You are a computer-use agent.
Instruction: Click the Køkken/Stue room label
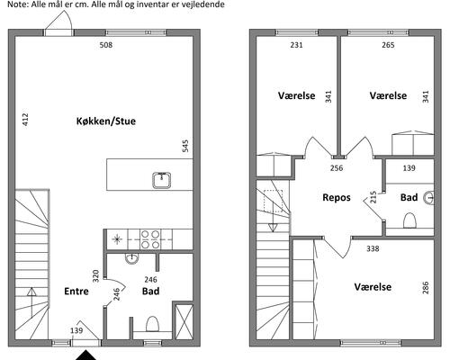[106, 121]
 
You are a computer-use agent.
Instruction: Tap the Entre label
[76, 291]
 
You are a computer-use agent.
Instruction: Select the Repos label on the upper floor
[337, 197]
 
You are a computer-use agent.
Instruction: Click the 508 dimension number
[106, 45]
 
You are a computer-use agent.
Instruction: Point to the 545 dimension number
[185, 146]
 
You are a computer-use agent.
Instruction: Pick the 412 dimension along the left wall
[25, 119]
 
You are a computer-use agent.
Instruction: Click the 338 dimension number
[373, 248]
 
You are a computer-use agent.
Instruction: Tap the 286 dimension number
[425, 287]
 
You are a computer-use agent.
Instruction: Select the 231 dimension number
[296, 45]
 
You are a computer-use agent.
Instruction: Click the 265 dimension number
[388, 45]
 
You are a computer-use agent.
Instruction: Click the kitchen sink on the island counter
[162, 180]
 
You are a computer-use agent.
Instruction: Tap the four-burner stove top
[150, 239]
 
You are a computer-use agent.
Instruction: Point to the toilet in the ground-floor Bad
[152, 324]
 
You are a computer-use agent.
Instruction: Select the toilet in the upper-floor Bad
[409, 220]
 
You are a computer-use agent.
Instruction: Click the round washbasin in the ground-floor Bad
[131, 258]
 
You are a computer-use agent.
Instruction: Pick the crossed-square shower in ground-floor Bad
[184, 322]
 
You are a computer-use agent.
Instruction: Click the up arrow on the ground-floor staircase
[31, 302]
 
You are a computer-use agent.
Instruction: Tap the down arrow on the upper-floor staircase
[273, 215]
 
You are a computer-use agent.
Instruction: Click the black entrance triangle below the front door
[85, 355]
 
